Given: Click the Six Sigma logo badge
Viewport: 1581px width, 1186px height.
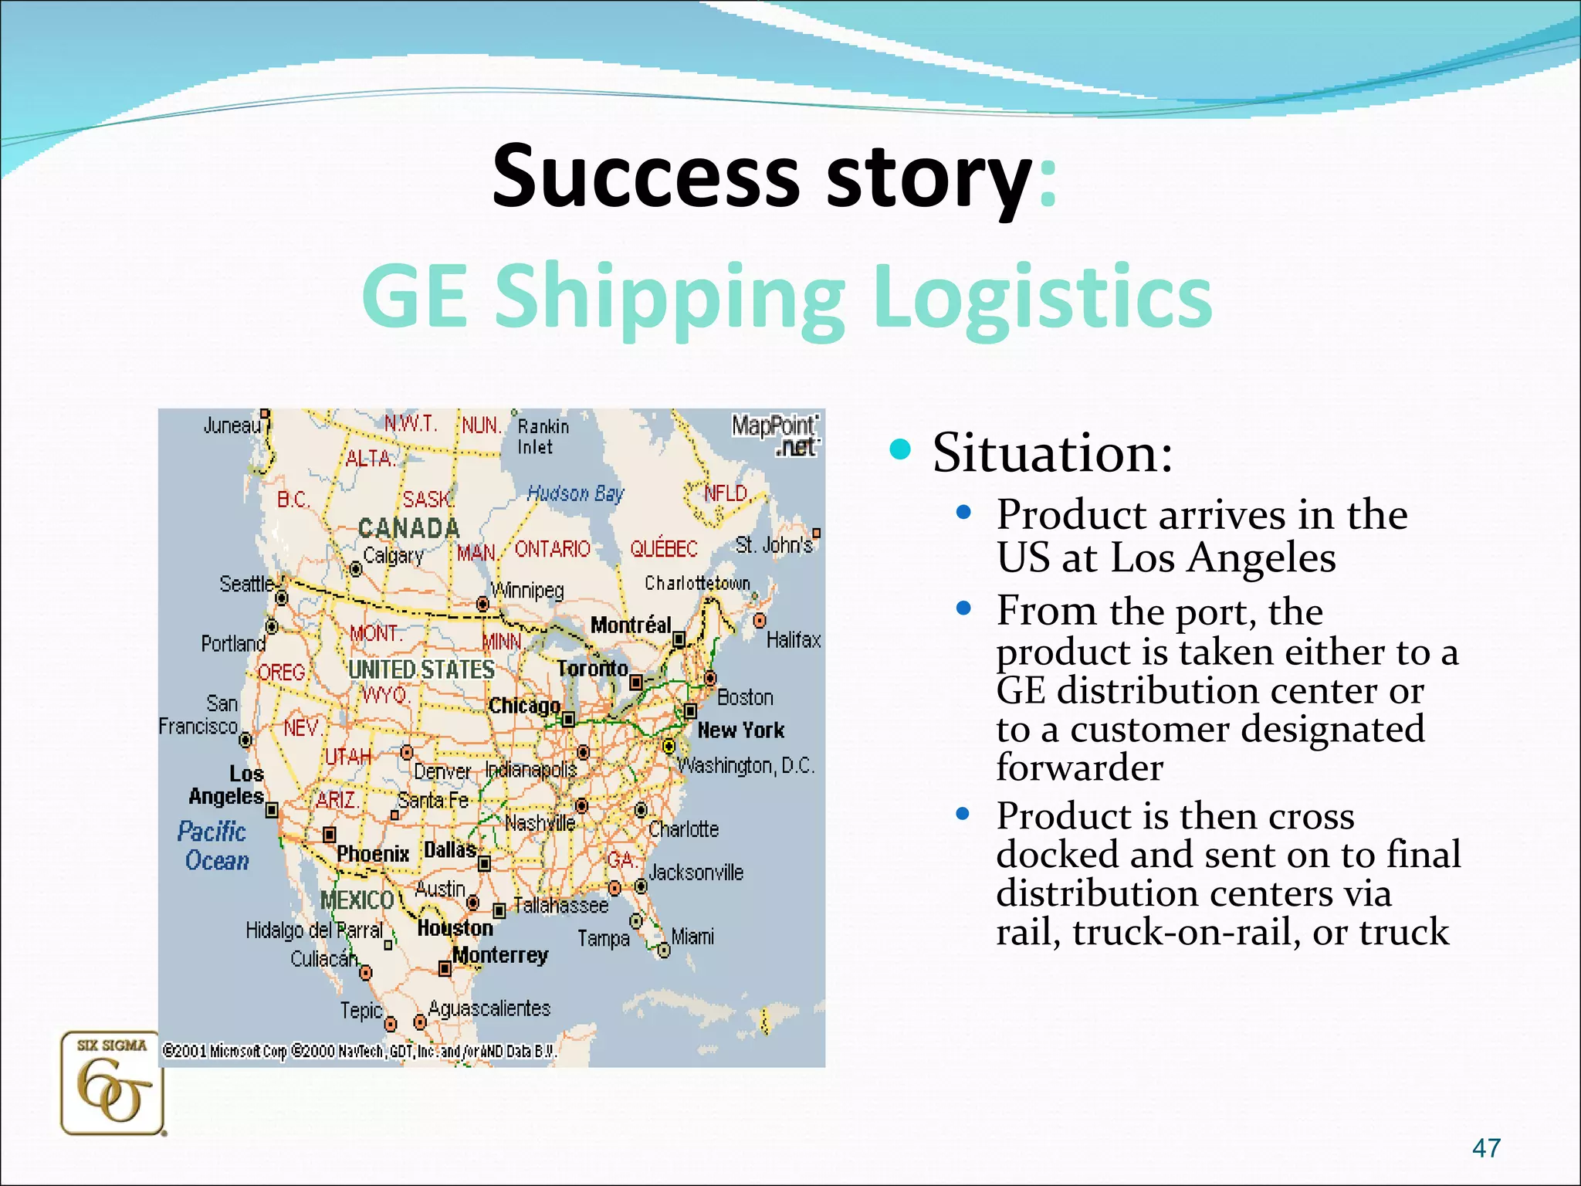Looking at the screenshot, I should pos(113,1083).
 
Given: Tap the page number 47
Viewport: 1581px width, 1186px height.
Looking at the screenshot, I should pos(1486,1148).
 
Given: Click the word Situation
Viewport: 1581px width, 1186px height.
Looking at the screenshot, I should pos(1051,452).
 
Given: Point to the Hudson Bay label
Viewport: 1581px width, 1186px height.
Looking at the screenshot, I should pos(575,493).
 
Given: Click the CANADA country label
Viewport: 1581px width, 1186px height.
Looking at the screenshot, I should pos(409,528).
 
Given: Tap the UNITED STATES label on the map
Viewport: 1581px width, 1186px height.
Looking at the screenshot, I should pos(421,669).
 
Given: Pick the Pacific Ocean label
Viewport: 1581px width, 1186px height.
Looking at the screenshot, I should pos(214,846).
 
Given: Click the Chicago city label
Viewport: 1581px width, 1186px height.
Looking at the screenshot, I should pos(525,706).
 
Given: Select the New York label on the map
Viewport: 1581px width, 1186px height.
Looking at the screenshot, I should pos(740,730).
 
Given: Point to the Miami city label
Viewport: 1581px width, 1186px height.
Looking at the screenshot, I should pos(692,937).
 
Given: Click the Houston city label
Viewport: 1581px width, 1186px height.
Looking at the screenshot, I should pos(455,928).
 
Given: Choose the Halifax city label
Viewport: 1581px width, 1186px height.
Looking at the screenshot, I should pos(794,640).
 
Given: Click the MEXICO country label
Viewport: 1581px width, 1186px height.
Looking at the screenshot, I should pos(357,900).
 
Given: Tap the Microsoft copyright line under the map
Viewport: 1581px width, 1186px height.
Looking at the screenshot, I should pos(359,1051).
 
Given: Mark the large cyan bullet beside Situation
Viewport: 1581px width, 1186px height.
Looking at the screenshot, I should pos(900,449).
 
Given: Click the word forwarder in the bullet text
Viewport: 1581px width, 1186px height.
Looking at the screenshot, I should pos(1079,768).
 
